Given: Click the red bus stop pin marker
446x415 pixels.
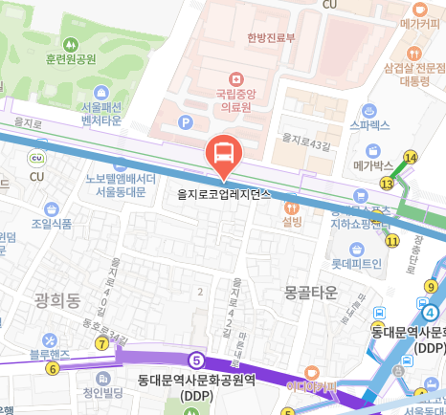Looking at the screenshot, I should [x=222, y=155].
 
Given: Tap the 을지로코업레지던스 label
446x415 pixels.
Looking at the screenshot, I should [x=224, y=192].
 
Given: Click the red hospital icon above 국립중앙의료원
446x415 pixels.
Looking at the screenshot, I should [x=231, y=78].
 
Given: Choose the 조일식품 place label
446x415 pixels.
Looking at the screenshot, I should [x=51, y=224].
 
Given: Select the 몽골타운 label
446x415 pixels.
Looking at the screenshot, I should [x=311, y=291].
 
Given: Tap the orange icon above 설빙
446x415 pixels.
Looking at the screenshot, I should [x=292, y=206].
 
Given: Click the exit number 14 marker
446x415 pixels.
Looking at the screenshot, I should [x=411, y=158].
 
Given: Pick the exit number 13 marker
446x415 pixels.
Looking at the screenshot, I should [x=388, y=183].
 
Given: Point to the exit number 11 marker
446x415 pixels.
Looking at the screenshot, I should [x=392, y=241].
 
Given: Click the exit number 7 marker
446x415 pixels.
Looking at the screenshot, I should [x=101, y=343].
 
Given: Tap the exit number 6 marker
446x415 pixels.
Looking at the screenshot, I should [x=52, y=367].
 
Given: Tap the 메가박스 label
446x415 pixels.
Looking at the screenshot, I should [x=374, y=164].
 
